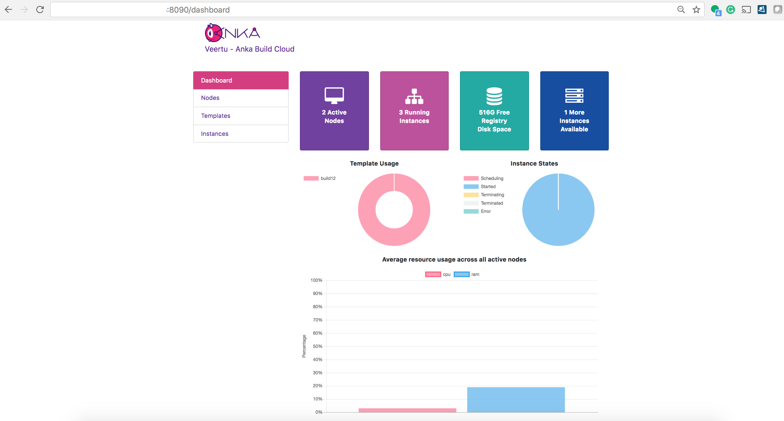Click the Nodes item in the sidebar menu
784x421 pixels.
pyautogui.click(x=210, y=98)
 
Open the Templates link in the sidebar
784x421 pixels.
pyautogui.click(x=215, y=116)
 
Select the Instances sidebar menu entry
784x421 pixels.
pyautogui.click(x=215, y=134)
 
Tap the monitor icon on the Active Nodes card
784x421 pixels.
pyautogui.click(x=334, y=95)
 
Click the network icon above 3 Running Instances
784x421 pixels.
pyautogui.click(x=414, y=96)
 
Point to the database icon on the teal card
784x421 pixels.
pyautogui.click(x=494, y=96)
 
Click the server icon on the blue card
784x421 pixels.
pyautogui.click(x=574, y=96)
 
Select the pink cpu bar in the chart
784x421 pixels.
pyautogui.click(x=407, y=410)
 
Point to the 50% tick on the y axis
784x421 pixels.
pyautogui.click(x=317, y=346)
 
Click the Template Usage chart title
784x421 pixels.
pyautogui.click(x=374, y=164)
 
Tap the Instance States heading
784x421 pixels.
pyautogui.click(x=534, y=164)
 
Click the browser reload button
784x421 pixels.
pyautogui.click(x=40, y=10)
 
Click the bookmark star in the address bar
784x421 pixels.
pyautogui.click(x=696, y=10)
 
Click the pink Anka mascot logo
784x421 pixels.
pyautogui.click(x=213, y=33)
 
